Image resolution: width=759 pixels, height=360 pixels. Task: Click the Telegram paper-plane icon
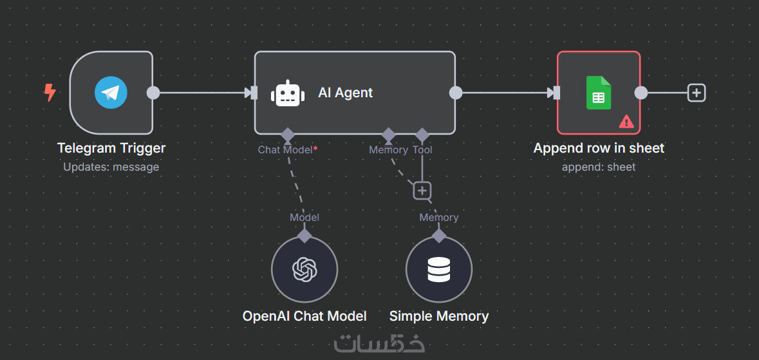tap(111, 93)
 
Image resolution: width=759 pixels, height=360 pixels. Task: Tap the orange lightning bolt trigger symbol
tap(50, 93)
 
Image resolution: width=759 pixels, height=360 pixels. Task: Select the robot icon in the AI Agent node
tap(288, 93)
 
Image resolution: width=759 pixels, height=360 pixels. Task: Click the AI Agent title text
tap(346, 93)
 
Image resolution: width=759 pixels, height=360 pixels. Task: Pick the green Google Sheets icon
tap(599, 93)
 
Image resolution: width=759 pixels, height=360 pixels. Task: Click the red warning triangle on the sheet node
tap(626, 120)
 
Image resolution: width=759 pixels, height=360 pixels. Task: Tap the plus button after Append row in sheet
tap(696, 93)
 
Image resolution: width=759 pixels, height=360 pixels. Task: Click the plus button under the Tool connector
tap(422, 191)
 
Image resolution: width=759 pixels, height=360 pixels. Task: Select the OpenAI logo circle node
tap(305, 269)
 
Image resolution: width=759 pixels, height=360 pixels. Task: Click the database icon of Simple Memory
tap(439, 269)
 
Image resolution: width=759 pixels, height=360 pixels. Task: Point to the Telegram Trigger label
tap(111, 148)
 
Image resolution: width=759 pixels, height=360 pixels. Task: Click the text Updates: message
tap(111, 167)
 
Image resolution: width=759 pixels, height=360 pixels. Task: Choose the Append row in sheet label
tap(599, 148)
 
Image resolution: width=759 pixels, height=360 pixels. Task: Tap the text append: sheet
tap(599, 167)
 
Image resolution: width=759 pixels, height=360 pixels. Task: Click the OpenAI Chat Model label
tap(305, 316)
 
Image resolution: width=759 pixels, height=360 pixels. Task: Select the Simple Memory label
tap(439, 316)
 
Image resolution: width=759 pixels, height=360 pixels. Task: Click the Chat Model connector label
tap(286, 150)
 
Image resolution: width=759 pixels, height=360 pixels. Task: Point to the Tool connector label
tap(422, 150)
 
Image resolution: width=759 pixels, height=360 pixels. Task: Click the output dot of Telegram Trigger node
tap(153, 93)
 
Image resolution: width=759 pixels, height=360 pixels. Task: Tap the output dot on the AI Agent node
tap(455, 93)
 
